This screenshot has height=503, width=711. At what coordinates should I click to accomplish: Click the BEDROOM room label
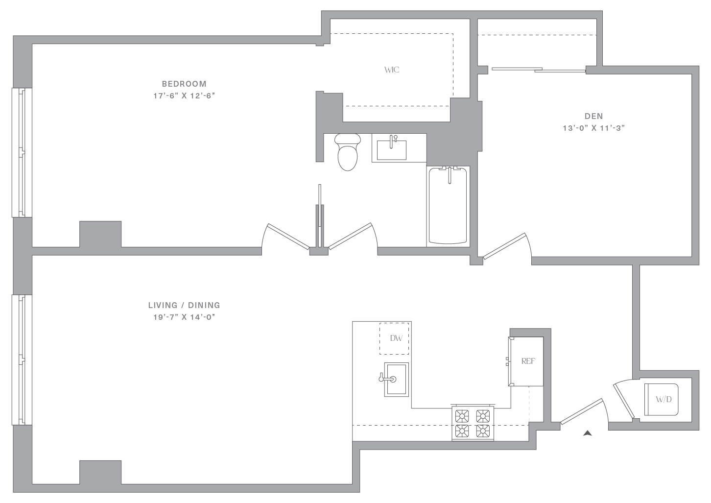[184, 84]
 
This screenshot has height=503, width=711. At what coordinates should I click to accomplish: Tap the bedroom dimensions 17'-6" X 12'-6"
[184, 96]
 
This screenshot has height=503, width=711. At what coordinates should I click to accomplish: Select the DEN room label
[594, 116]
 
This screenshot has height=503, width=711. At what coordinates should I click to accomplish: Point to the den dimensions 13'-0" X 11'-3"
[594, 128]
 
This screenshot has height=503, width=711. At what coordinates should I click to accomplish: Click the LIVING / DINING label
[184, 305]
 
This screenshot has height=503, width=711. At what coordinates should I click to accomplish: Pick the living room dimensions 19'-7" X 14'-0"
[184, 317]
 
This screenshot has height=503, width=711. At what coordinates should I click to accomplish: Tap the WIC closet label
[392, 70]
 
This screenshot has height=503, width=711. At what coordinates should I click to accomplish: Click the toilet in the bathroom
[348, 152]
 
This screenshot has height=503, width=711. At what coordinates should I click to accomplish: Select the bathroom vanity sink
[391, 148]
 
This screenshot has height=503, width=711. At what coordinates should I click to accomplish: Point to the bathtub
[448, 206]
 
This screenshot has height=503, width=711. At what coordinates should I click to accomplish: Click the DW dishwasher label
[396, 338]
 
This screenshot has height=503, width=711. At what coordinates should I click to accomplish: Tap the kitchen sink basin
[396, 380]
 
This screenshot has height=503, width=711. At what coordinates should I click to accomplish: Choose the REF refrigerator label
[528, 361]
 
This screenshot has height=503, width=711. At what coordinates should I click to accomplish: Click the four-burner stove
[473, 423]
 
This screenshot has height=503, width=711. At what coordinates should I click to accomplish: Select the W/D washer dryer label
[664, 399]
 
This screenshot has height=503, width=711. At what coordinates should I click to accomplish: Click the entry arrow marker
[588, 433]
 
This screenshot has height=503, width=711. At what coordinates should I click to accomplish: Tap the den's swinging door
[505, 246]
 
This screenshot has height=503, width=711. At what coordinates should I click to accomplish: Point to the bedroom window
[22, 152]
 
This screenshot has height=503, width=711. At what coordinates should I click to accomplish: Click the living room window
[22, 360]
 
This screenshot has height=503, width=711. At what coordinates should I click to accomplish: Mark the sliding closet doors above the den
[539, 70]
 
